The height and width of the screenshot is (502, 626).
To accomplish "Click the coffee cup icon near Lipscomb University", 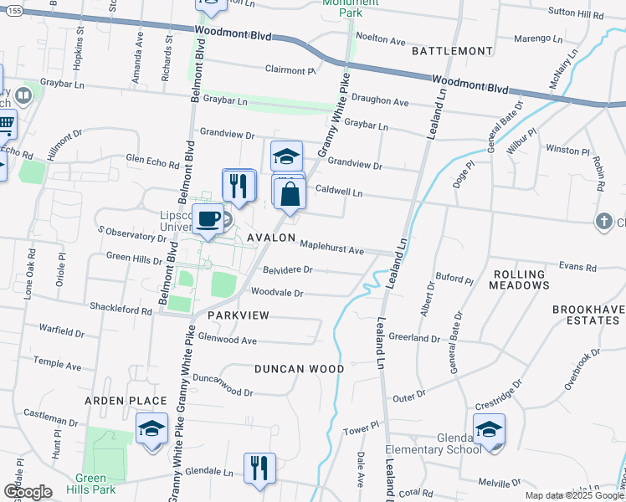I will [x=208, y=219].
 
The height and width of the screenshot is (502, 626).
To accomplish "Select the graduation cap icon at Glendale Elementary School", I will [x=489, y=430].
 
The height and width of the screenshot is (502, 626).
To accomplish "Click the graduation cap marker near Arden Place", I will [x=151, y=429].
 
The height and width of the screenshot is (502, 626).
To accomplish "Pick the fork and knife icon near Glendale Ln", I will [x=260, y=469].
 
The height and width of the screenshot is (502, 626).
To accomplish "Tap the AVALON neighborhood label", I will [x=271, y=238].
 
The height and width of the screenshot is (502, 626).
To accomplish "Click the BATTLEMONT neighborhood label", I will [x=453, y=51].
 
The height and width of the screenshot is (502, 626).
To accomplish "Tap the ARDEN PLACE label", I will [x=125, y=401].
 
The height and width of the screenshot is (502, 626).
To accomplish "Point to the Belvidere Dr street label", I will [x=287, y=270].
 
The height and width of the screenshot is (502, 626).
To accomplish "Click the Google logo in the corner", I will [x=28, y=492].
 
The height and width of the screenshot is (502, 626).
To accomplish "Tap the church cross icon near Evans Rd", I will [x=603, y=222].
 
